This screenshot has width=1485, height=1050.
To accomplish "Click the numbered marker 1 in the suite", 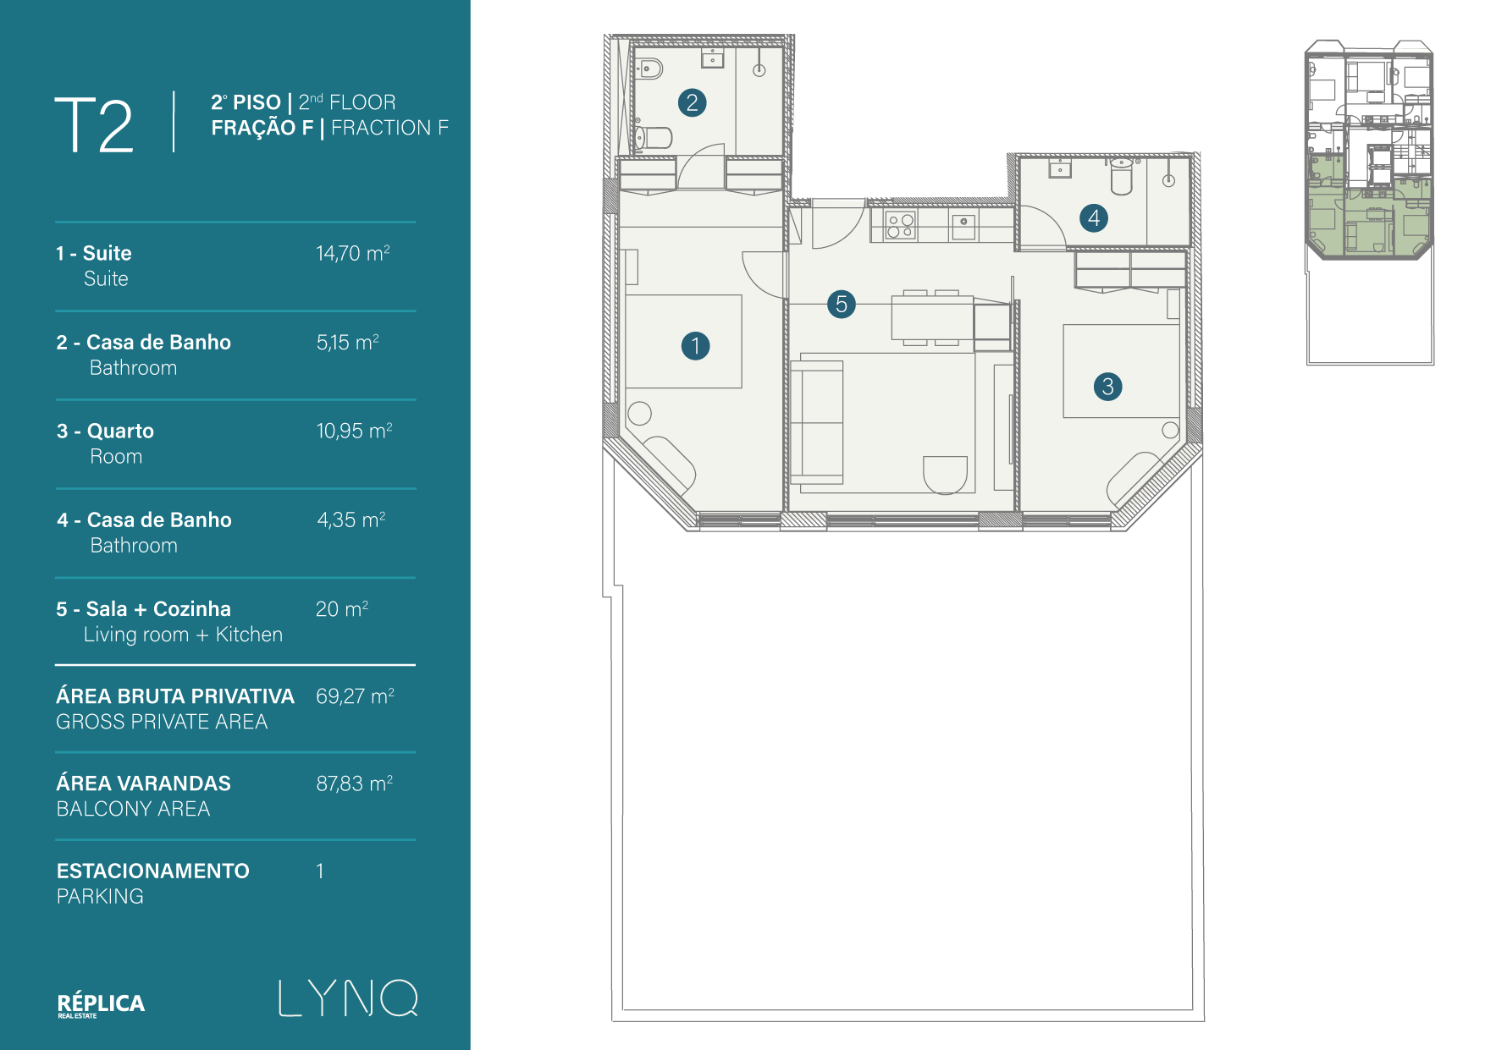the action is [695, 345].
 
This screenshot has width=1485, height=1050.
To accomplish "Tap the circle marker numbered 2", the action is [692, 102].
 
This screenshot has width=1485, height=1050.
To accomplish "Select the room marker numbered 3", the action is [1107, 387].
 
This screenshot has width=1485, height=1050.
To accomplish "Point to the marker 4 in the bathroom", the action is [1094, 217].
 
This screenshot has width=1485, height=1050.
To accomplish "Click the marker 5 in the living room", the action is [841, 304].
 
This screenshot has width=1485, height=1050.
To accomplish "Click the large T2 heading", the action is [94, 124].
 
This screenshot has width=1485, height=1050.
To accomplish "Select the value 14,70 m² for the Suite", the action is [352, 253].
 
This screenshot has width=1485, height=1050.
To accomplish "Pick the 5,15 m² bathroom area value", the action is [347, 342].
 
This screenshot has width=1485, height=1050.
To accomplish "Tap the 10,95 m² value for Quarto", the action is [354, 431].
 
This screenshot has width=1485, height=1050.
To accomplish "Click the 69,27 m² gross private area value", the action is [355, 695].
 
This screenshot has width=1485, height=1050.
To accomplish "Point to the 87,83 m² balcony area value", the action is [354, 783].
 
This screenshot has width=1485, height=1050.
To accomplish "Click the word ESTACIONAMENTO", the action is [153, 871].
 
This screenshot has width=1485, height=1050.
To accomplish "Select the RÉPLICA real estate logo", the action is [101, 1004].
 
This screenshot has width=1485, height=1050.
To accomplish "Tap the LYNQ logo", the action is [348, 998].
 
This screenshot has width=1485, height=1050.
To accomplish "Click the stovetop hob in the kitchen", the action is [899, 225].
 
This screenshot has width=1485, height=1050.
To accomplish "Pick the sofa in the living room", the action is [817, 422].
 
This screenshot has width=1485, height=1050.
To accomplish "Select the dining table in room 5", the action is [931, 318].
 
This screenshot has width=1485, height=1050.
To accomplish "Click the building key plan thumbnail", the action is [1369, 202].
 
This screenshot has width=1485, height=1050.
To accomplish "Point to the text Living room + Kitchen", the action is [183, 635].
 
